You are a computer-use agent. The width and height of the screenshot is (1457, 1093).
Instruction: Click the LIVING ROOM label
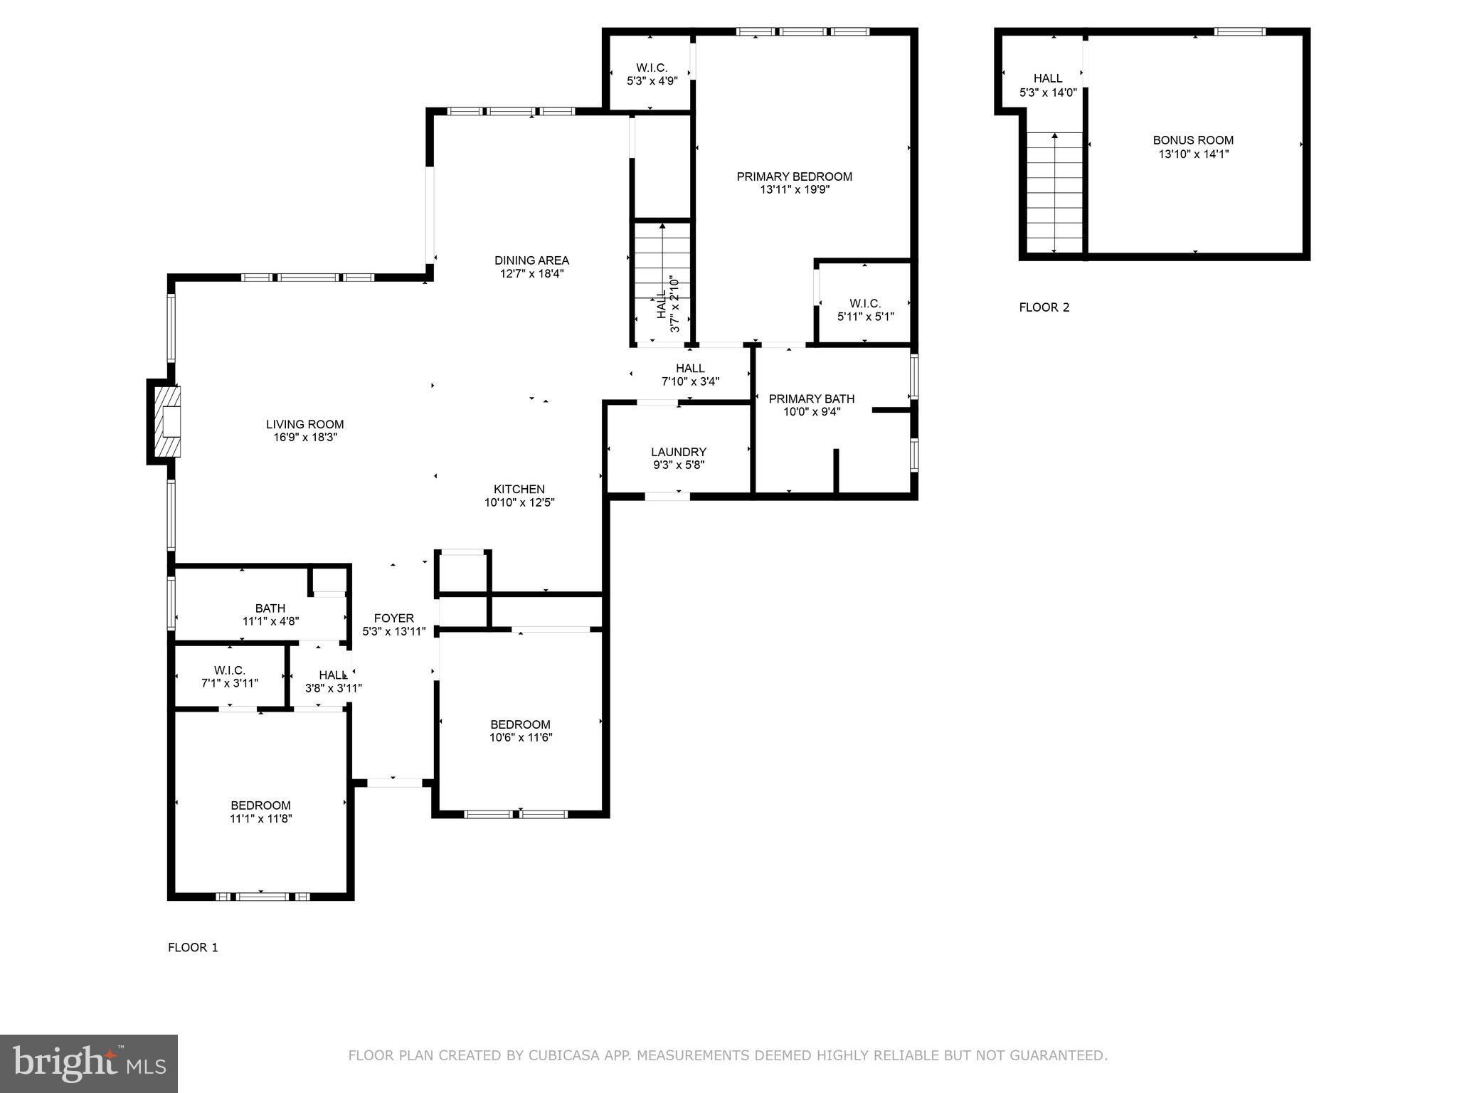coord(304,425)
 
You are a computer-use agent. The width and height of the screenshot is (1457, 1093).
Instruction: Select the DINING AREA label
coord(531,260)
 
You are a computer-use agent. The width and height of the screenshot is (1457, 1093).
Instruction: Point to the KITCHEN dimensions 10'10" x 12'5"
coord(519,502)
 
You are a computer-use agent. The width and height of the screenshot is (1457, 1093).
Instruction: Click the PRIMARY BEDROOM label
coord(794,176)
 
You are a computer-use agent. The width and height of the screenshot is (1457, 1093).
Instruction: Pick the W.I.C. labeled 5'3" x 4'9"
coord(652,74)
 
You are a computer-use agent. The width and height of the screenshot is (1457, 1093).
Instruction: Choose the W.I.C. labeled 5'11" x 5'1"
coord(865,310)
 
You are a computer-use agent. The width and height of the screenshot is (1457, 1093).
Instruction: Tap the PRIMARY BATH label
coord(811,398)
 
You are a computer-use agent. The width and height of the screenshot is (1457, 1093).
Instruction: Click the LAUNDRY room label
coord(678,452)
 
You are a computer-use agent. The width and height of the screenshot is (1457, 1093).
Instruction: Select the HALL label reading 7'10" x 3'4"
coord(690,374)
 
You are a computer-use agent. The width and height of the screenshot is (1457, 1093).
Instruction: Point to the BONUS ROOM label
coord(1193,140)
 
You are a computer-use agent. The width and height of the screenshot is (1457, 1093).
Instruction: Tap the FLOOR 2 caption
coord(1044,307)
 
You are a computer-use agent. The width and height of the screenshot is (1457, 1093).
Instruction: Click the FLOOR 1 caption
coord(193,947)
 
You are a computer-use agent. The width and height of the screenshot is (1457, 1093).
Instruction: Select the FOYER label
coord(393,618)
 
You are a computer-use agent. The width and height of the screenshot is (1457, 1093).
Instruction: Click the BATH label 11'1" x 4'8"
coord(270,608)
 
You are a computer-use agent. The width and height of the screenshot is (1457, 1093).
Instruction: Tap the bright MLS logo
coord(89,1064)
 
